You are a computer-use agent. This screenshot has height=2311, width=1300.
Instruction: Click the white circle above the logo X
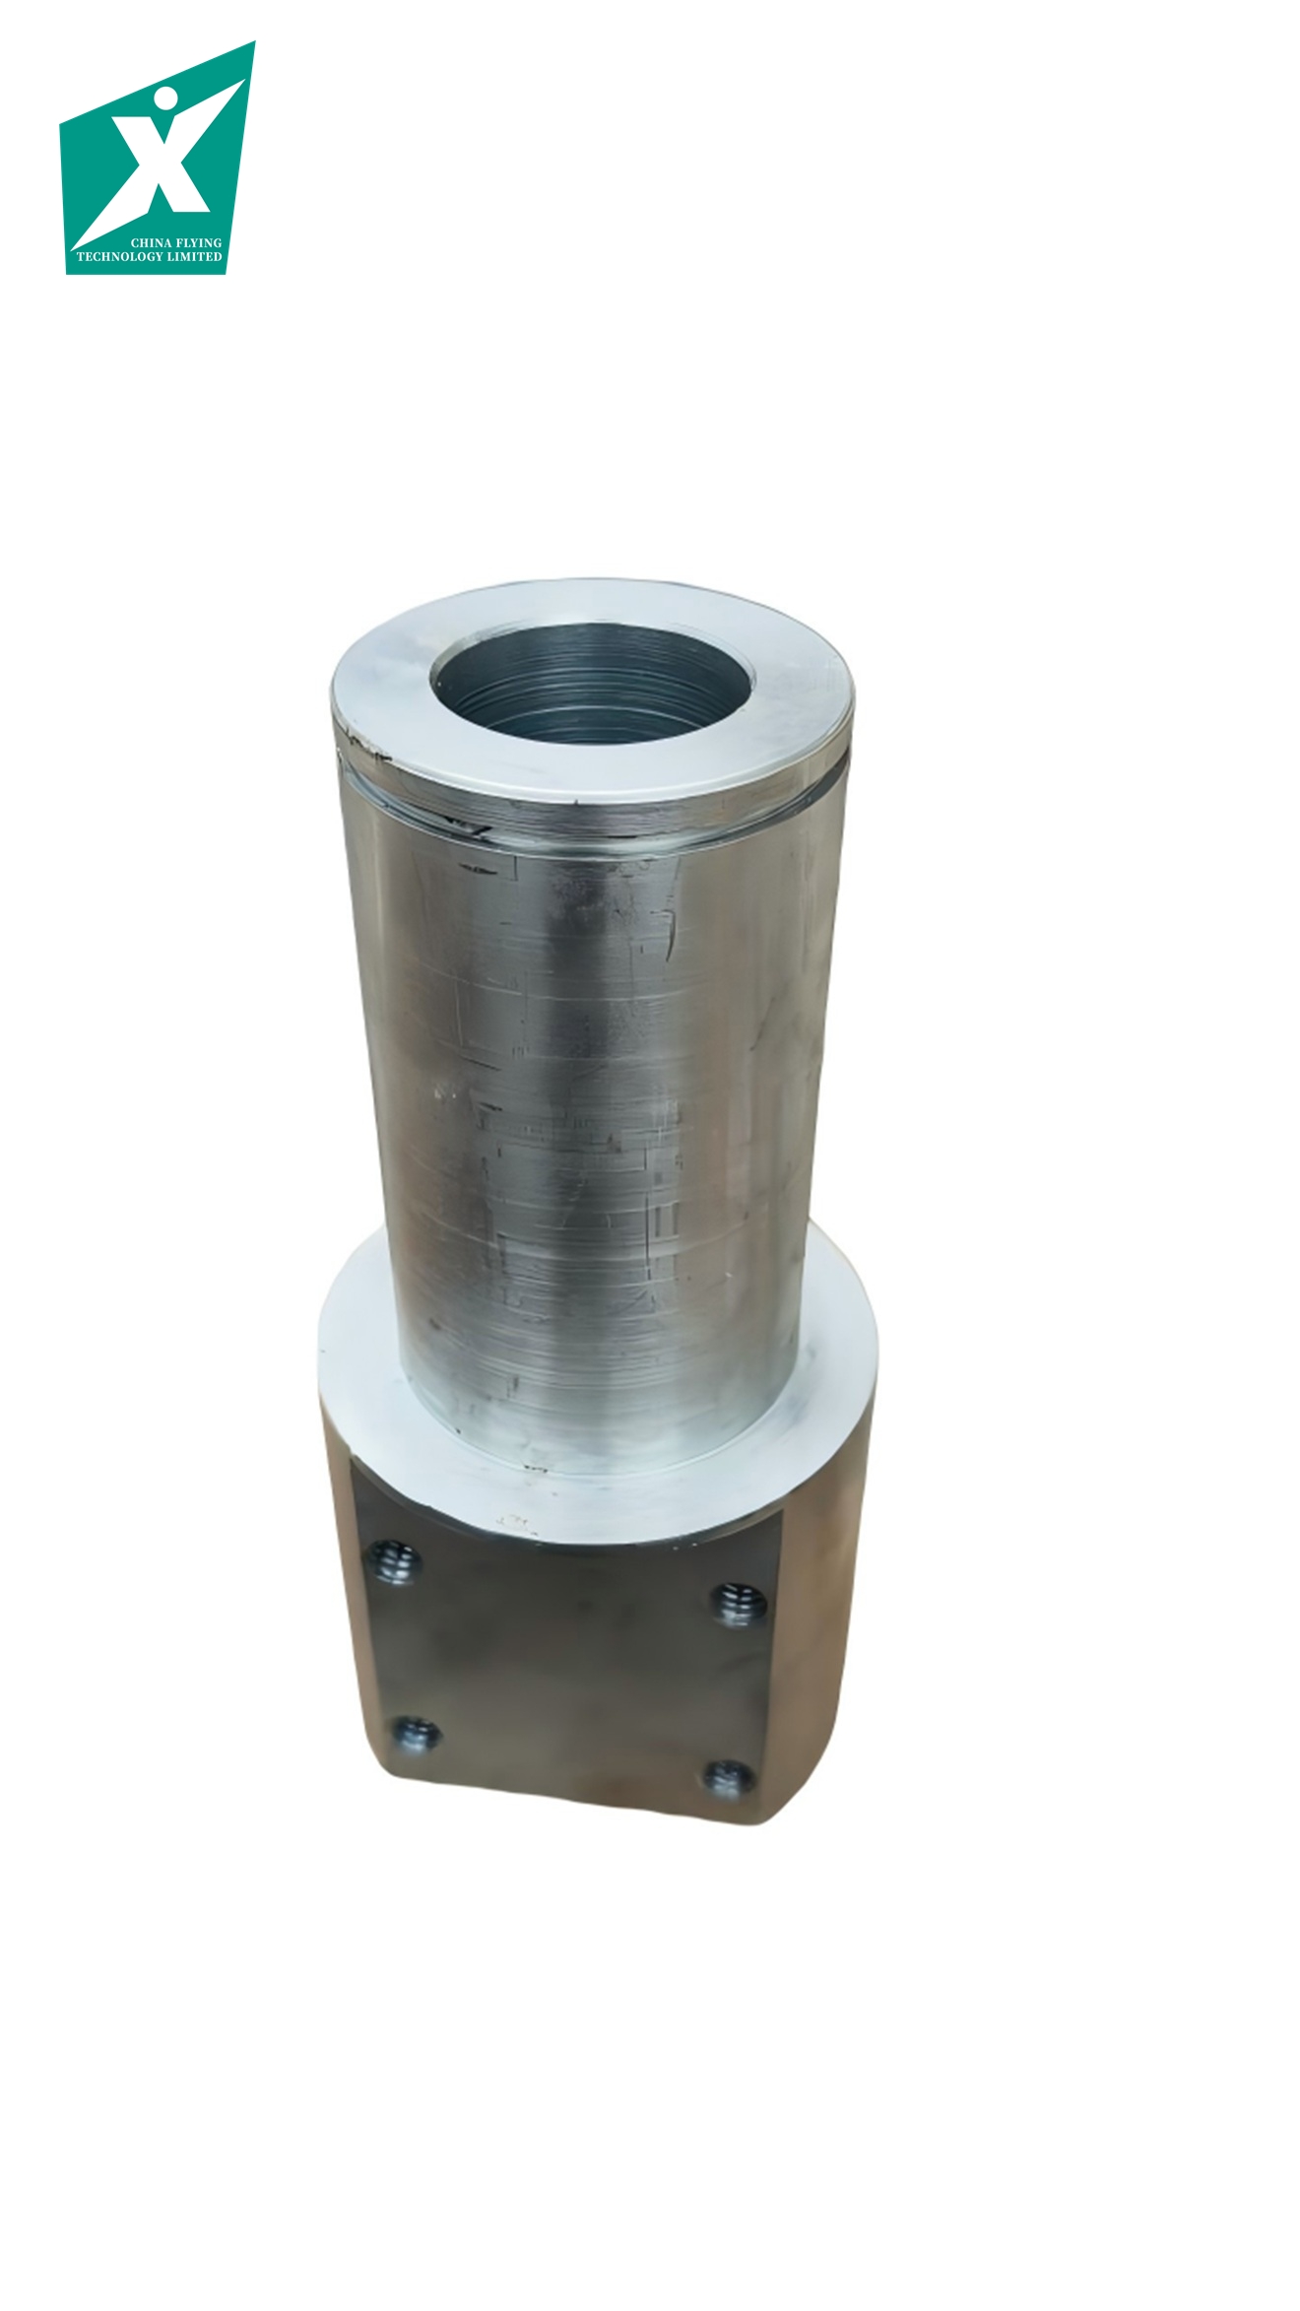(166, 100)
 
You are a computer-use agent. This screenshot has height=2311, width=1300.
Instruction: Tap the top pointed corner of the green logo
(254, 42)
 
